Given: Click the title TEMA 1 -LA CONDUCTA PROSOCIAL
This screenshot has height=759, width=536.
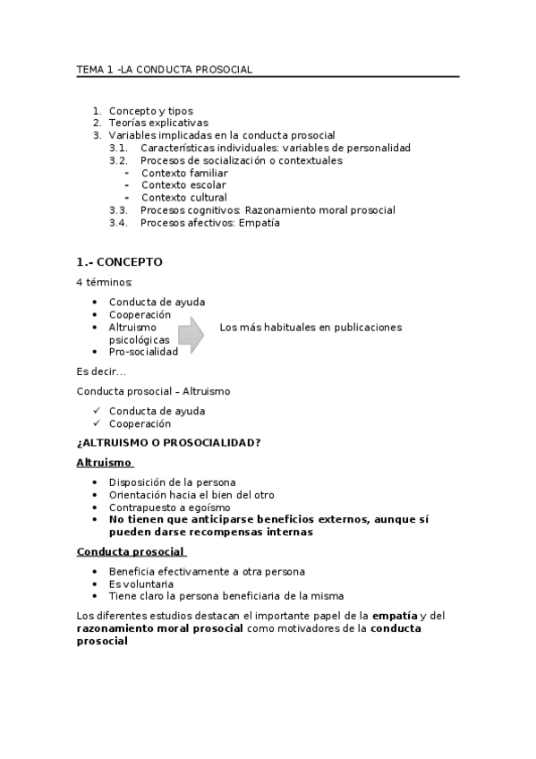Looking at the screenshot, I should [164, 69].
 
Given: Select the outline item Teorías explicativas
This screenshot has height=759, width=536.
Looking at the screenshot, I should [157, 123].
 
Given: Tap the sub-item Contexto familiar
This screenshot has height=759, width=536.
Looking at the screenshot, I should [184, 173].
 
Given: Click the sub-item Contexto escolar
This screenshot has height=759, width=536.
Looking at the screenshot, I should [183, 185].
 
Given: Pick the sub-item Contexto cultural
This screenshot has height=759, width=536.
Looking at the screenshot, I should [183, 198].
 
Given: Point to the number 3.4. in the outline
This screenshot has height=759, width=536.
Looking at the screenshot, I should [119, 223].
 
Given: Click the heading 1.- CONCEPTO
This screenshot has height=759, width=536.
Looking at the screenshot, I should [120, 262].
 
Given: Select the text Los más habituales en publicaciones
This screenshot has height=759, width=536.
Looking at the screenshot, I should [310, 328].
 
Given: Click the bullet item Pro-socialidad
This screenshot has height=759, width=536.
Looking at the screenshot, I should [143, 352].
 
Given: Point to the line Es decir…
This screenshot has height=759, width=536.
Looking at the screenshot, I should [101, 370].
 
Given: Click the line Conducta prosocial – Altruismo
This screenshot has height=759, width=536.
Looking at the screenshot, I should [141, 392].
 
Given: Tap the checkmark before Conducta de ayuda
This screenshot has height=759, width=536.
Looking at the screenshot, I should [97, 411].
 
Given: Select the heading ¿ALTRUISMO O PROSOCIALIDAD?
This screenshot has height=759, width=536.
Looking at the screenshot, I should [169, 443].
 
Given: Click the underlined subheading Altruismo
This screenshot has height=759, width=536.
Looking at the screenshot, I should [105, 463].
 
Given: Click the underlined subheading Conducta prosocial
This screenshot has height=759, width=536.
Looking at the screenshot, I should [131, 551].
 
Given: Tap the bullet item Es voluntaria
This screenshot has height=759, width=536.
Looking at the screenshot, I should [141, 584].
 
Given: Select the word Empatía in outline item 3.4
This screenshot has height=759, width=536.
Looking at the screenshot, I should [259, 223].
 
